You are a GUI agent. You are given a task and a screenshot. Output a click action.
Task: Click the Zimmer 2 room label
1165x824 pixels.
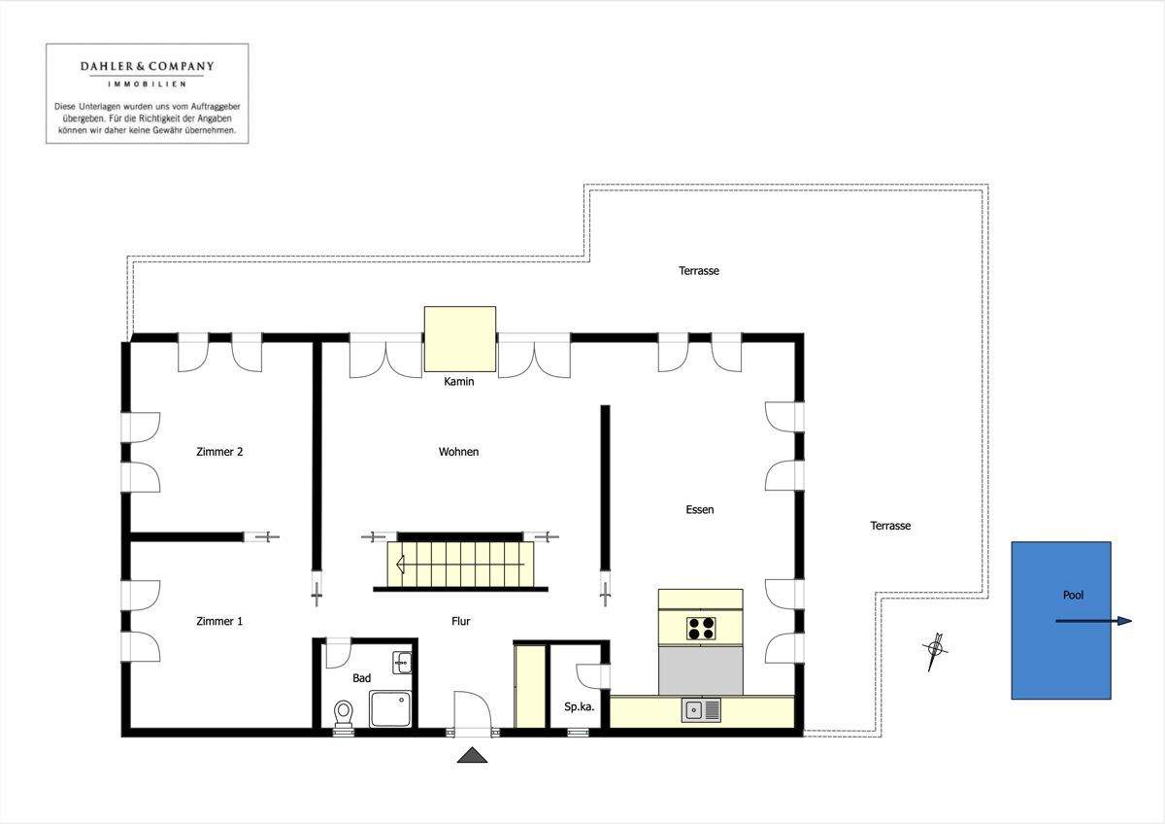pos(219,451)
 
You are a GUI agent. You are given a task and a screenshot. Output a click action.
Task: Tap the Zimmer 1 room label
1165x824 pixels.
pos(219,621)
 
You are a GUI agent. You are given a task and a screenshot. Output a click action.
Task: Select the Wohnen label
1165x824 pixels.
pos(458,451)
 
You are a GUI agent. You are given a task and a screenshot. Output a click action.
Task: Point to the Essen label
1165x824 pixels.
pos(700,509)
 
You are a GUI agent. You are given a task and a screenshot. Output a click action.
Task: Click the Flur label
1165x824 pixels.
pos(461,621)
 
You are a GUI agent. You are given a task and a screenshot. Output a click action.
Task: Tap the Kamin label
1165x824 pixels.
pos(458,382)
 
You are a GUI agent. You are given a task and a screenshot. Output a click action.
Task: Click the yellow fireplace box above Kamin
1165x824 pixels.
pos(460,339)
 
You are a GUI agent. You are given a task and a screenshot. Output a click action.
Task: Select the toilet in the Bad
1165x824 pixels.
pos(343,712)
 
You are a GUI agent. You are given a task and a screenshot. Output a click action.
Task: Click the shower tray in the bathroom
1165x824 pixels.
pos(390,708)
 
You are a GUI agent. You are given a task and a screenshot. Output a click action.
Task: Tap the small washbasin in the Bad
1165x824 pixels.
pos(402,663)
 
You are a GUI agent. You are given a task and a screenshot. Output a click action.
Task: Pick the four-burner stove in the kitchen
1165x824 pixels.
pos(701,629)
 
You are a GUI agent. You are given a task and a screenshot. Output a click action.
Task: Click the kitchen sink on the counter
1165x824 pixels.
pos(701,710)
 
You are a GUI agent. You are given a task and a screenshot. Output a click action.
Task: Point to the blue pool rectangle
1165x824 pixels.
pos(1061,621)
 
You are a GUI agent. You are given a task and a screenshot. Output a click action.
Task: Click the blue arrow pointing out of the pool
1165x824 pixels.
pos(1094,621)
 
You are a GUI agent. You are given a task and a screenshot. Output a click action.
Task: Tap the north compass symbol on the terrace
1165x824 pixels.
pos(935,651)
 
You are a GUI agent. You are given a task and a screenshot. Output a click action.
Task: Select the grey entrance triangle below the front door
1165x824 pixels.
pos(472,755)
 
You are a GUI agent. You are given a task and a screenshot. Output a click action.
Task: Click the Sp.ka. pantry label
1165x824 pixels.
pos(579,706)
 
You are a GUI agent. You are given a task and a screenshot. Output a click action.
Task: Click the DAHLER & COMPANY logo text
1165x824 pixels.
pos(148,67)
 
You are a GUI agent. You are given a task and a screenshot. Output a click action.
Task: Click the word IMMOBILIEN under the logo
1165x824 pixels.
pos(148,84)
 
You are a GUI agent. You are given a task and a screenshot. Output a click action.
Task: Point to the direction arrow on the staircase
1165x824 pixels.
pos(460,564)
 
